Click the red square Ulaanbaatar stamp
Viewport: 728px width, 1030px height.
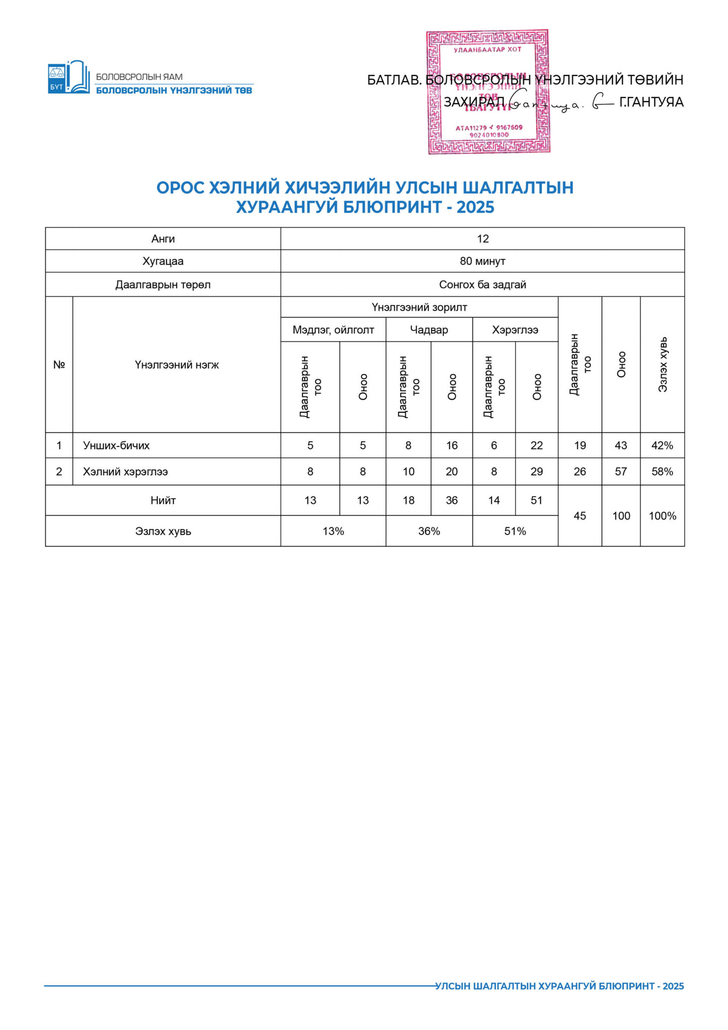pos(488,92)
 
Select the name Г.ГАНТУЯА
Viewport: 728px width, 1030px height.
pos(651,102)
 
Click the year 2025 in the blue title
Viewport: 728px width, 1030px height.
pos(475,207)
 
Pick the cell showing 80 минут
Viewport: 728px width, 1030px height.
pos(482,261)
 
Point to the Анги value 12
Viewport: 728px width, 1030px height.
pos(483,239)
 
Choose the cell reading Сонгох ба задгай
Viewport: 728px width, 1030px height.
pos(482,285)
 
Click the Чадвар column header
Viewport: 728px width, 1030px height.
pos(429,330)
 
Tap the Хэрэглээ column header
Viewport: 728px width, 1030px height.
pos(515,330)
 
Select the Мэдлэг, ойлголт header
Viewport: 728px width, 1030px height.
pos(333,330)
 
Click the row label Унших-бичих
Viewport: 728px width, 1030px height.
pos(116,446)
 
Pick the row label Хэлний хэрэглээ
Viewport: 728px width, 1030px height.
pos(125,472)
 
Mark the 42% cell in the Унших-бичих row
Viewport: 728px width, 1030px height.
pos(662,446)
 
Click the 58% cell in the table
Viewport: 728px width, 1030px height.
pos(662,472)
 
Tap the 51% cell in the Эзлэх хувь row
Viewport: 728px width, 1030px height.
pos(515,531)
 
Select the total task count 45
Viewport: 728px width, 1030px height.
pos(580,516)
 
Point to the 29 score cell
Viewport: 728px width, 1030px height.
pos(536,472)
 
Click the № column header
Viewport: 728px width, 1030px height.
pos(59,365)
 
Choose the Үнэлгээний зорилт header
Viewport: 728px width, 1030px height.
pos(419,307)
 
